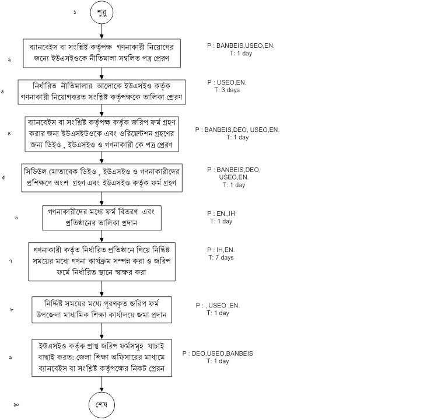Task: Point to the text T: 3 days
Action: click(x=228, y=90)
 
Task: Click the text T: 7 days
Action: click(x=221, y=257)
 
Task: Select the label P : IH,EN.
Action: click(x=222, y=250)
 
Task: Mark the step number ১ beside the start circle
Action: click(x=75, y=12)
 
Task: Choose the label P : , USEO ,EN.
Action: click(x=218, y=305)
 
